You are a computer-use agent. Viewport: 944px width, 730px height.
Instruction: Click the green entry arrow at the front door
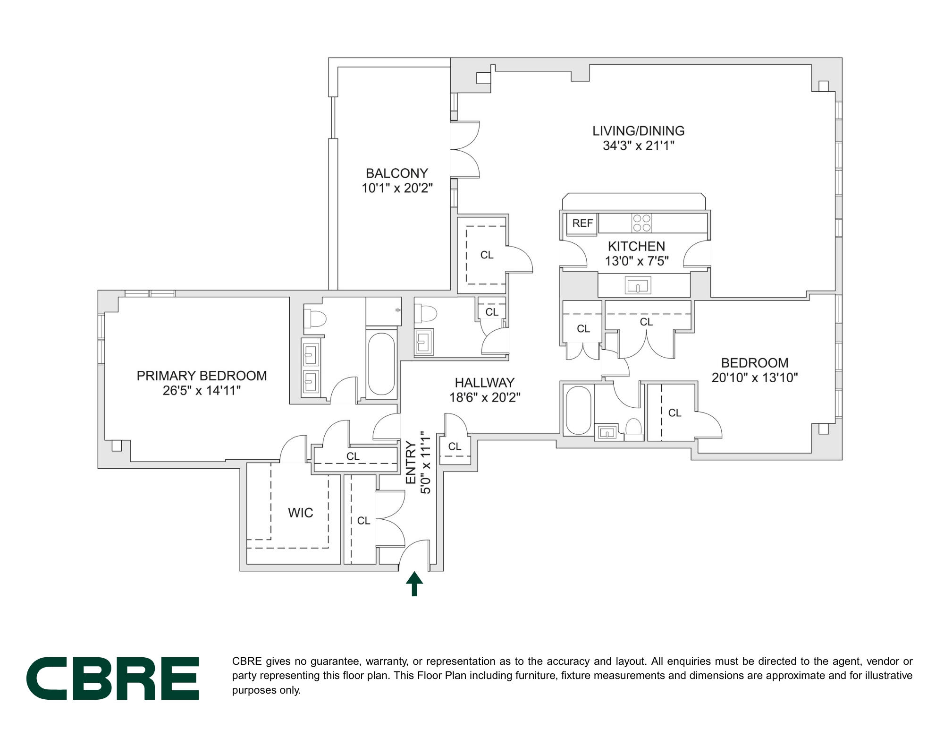pos(414,584)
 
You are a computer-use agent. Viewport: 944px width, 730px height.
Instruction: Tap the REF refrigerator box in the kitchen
pos(582,223)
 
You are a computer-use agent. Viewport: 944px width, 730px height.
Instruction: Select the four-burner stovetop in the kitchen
pos(641,223)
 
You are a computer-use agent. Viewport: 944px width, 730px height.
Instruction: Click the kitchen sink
pos(638,286)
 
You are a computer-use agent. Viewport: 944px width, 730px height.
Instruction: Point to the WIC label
pos(301,513)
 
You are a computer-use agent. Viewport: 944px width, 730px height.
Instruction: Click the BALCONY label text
pos(397,173)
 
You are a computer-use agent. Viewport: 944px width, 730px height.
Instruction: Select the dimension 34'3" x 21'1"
pos(639,146)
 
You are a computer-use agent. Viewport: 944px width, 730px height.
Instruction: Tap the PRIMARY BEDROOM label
pos(202,376)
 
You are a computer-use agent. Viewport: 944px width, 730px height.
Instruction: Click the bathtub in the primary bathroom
pos(381,364)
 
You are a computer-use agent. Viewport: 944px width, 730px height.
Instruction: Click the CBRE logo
pos(112,678)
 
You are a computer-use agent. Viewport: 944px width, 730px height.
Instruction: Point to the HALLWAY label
pos(484,382)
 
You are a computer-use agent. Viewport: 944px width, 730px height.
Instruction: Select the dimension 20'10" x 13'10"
pos(755,378)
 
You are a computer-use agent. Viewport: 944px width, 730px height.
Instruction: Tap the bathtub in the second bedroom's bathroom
pos(578,410)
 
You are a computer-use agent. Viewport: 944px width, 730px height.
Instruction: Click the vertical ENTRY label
pos(411,463)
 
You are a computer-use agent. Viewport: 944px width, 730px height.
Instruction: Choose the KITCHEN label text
pos(636,246)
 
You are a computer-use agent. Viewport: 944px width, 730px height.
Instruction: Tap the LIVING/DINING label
pos(639,131)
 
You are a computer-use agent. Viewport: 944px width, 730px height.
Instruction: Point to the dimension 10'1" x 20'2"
pos(397,188)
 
